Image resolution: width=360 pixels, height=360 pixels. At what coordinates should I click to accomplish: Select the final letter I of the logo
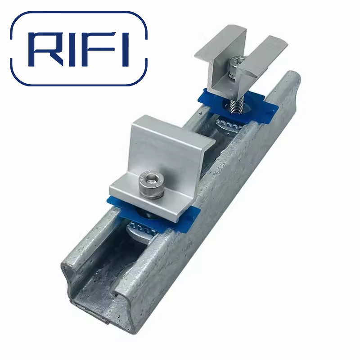click(125, 49)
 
